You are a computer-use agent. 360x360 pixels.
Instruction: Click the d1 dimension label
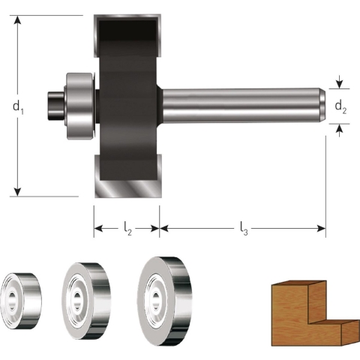[x=18, y=107]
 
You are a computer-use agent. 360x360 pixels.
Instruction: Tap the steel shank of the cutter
[x=240, y=106]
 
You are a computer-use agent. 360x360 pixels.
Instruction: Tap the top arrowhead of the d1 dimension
[x=18, y=20]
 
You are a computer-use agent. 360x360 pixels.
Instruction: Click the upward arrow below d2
[x=340, y=129]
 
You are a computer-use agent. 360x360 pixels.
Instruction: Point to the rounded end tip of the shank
[x=322, y=106]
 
